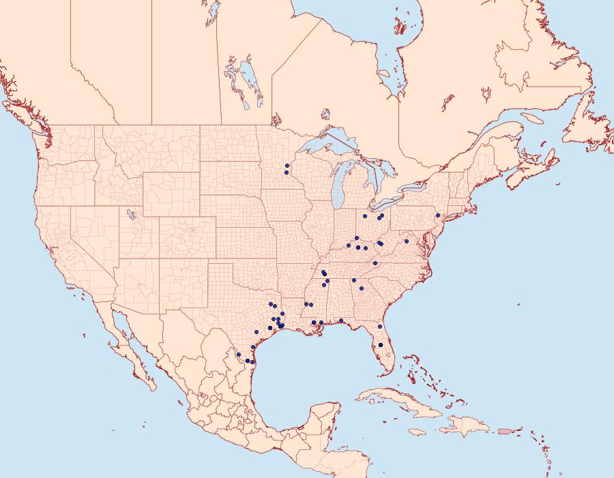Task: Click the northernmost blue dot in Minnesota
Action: click(287, 166)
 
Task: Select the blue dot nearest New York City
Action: click(438, 215)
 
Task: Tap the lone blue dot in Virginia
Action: click(406, 241)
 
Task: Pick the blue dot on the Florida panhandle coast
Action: click(340, 320)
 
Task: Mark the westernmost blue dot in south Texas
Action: click(238, 354)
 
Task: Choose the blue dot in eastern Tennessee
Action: click(375, 263)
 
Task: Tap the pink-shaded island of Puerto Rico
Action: click(506, 430)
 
